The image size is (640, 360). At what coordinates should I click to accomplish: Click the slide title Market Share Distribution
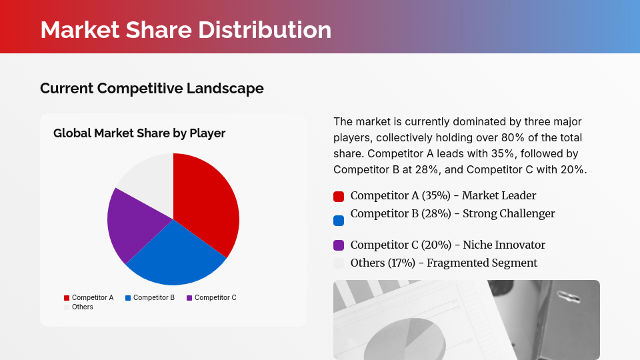point(185,30)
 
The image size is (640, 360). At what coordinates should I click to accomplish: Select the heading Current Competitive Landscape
point(151,88)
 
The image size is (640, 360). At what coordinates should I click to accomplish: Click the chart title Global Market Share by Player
point(139,133)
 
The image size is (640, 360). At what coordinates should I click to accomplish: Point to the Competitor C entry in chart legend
point(211,297)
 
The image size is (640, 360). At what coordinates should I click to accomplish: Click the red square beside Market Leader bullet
point(339,197)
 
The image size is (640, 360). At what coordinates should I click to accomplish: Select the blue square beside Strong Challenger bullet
point(339,220)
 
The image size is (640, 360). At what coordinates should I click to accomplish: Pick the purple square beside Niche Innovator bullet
point(339,245)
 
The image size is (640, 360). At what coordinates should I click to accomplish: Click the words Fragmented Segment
point(482,263)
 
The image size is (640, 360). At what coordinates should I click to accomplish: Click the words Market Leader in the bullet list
point(499,195)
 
